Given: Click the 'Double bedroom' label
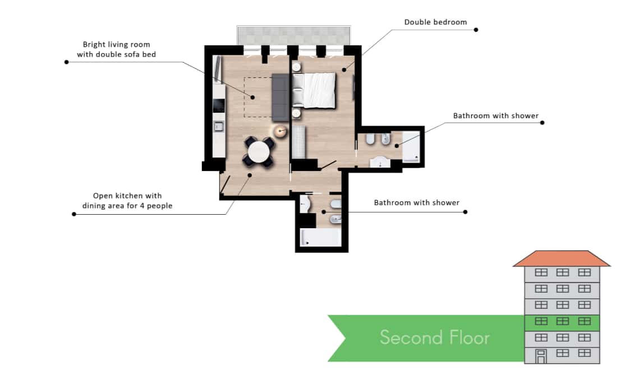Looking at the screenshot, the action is (435, 22).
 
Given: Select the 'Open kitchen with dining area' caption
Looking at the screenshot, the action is (127, 201).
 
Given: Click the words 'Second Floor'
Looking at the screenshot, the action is (435, 337).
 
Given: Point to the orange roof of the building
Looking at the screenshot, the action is (562, 258).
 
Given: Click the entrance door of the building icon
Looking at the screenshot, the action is (541, 357).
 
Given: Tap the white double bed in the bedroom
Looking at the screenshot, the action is (314, 90).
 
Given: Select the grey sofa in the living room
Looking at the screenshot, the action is (280, 97).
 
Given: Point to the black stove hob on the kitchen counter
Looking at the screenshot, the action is (219, 105).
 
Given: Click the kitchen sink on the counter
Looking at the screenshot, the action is (219, 127).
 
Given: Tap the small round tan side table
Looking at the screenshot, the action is (280, 131).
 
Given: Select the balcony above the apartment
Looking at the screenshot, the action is (294, 35).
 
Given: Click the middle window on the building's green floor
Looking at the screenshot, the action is (563, 321).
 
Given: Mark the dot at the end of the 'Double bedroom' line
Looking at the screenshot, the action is (476, 30).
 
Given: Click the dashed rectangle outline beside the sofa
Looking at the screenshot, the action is (244, 97).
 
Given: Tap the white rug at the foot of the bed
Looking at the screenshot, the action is (298, 142).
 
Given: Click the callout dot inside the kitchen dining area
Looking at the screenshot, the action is (250, 175).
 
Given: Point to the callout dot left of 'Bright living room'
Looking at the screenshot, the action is (67, 62).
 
